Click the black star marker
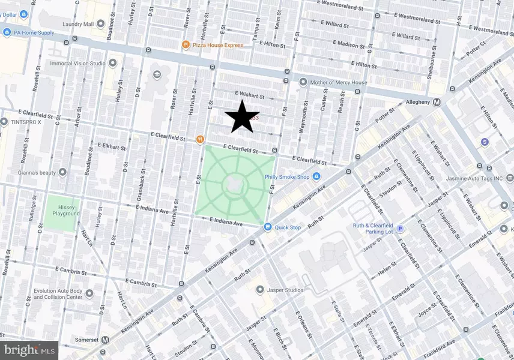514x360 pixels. point(242,116)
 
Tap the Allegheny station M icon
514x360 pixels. point(437,102)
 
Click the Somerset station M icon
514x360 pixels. point(106,340)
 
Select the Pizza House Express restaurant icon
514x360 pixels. point(187,44)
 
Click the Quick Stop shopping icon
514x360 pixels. point(268,227)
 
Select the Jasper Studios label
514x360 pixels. point(284,290)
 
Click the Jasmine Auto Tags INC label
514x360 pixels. point(474,178)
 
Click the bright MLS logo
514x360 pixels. point(29,349)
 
